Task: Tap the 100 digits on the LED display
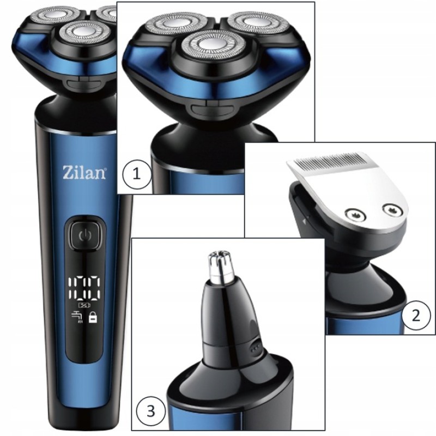point(84,289)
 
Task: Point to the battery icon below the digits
point(84,305)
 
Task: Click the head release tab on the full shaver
point(82,81)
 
